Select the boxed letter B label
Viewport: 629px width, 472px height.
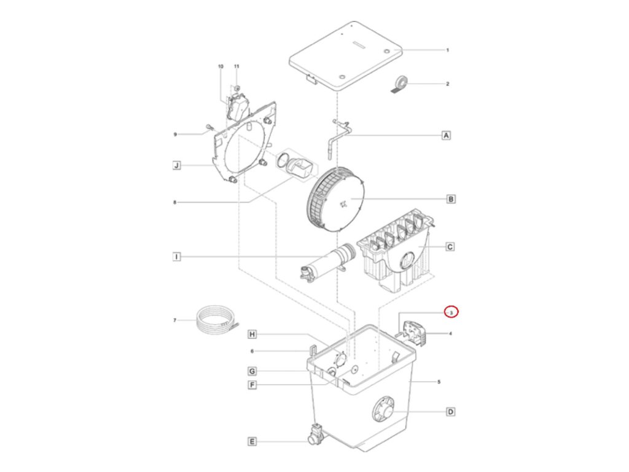click(450, 199)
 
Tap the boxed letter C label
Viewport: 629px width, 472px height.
click(450, 247)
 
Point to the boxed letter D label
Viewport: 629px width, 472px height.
click(450, 412)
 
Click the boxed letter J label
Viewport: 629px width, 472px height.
click(176, 165)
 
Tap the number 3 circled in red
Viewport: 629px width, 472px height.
click(451, 312)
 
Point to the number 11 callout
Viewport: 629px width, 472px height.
click(236, 66)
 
